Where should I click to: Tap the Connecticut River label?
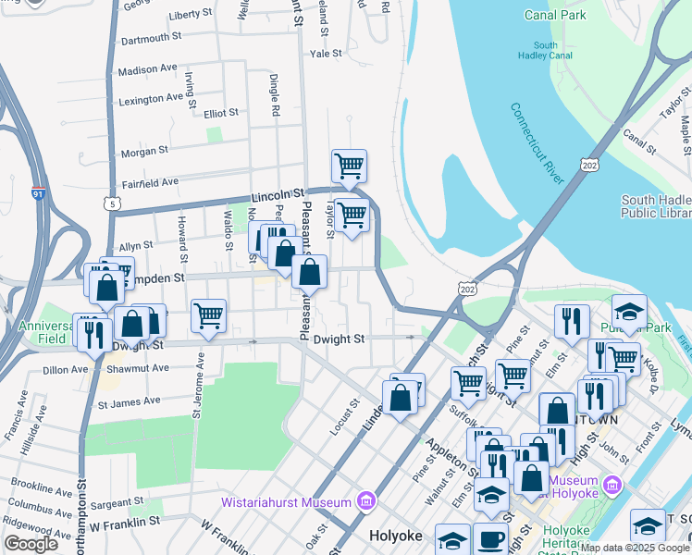point(537,142)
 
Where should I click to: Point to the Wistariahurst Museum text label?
point(288,502)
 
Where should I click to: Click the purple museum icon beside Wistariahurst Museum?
point(366,502)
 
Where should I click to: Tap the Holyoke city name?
point(396,536)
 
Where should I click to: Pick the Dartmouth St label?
point(151,39)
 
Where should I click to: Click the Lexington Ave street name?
point(151,98)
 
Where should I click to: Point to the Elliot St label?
point(221,113)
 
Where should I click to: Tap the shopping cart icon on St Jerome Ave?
point(208,315)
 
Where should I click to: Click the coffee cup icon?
point(490,539)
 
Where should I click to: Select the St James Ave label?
point(129,401)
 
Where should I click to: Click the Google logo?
point(31,544)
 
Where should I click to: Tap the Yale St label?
point(326,54)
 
